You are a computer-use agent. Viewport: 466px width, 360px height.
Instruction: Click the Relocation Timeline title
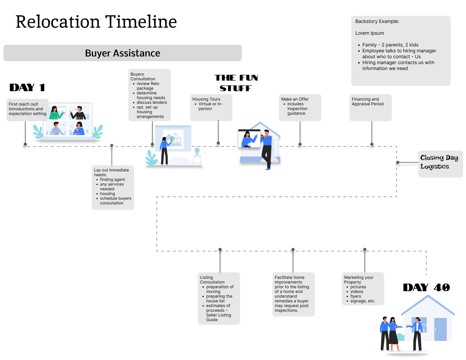[96, 22]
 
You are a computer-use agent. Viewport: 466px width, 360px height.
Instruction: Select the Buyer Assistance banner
[122, 53]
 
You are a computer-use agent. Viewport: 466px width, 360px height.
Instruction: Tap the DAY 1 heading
[27, 87]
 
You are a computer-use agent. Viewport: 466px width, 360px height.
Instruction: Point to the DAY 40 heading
[426, 287]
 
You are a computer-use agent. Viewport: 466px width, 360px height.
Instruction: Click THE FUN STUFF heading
[236, 83]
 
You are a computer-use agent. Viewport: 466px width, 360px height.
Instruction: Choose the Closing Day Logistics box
[440, 164]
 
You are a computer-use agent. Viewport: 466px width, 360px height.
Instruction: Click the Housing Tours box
[211, 107]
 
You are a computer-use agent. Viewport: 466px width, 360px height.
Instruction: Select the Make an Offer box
[300, 107]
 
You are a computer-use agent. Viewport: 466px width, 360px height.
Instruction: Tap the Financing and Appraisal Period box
[370, 107]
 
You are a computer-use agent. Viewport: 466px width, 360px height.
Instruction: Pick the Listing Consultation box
[219, 298]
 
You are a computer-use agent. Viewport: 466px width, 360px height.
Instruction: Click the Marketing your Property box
[363, 289]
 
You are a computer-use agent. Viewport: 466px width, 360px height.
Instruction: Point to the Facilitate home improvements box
[293, 294]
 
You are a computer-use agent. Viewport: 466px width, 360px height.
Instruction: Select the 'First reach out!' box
[27, 110]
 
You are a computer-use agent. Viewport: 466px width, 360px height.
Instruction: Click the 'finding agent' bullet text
[112, 179]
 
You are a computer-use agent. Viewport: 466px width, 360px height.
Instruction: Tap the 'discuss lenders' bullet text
[152, 102]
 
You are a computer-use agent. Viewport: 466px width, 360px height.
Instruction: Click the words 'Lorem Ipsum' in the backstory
[370, 33]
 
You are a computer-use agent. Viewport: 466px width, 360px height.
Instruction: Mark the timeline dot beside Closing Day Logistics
[398, 162]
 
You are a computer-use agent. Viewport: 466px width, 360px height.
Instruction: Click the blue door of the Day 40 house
[440, 329]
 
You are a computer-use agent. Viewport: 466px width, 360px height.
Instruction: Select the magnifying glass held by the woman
[172, 139]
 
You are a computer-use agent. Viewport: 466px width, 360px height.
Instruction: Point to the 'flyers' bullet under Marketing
[355, 296]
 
